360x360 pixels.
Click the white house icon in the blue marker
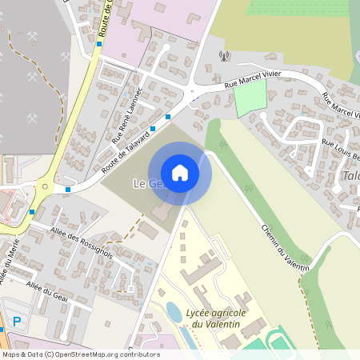(180, 173)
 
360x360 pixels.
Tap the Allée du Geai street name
(47, 290)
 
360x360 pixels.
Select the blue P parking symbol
(17, 321)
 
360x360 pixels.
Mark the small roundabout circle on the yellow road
(44, 186)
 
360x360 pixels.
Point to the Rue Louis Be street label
(340, 149)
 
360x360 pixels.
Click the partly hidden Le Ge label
(145, 184)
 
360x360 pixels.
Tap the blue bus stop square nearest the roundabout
(68, 190)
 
